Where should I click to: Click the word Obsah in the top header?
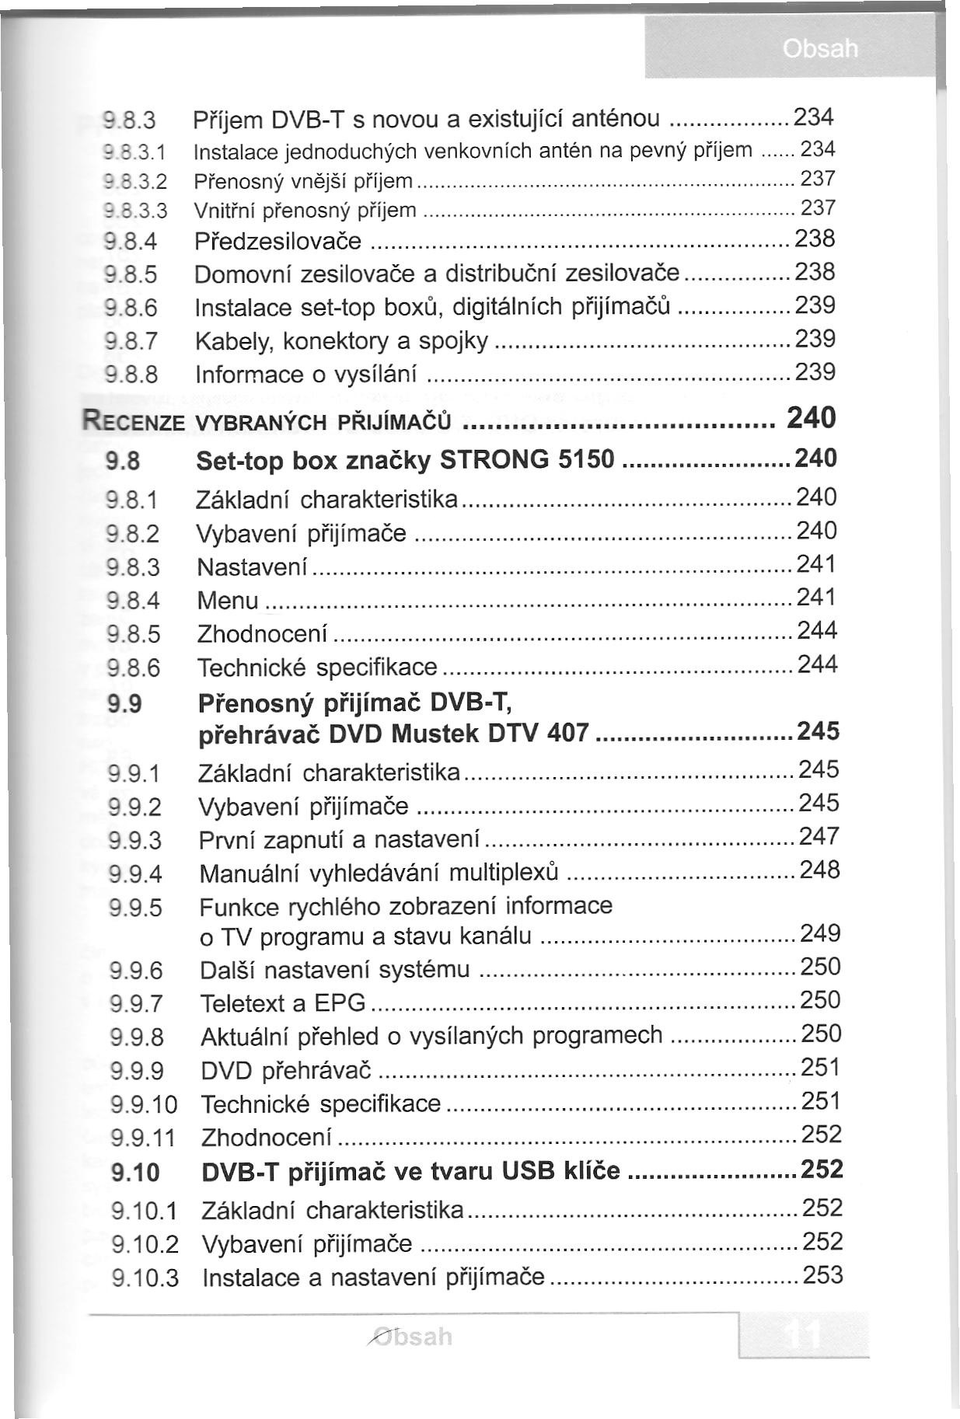tap(820, 49)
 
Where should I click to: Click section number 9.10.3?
tap(145, 1278)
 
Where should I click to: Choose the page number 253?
tap(822, 1275)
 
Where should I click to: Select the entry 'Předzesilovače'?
tap(278, 242)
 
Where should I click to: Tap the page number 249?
tap(820, 933)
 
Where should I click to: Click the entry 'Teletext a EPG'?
tap(282, 1003)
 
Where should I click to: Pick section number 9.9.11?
tap(144, 1138)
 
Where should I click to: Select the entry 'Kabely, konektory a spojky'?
tap(342, 341)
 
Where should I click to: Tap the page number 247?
tap(819, 836)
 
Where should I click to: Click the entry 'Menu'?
tap(228, 601)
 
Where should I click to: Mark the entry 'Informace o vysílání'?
tap(306, 375)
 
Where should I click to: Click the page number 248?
tap(820, 870)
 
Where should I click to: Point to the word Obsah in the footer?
tap(411, 1337)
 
